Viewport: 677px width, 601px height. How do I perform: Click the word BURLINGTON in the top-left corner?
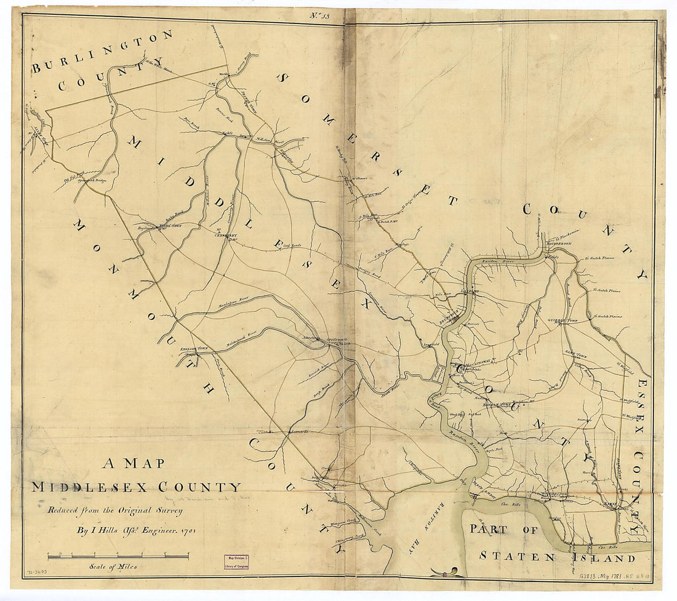(x=102, y=51)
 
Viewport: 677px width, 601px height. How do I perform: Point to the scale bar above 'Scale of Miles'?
(x=118, y=556)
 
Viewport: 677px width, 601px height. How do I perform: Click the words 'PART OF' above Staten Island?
(x=504, y=529)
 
